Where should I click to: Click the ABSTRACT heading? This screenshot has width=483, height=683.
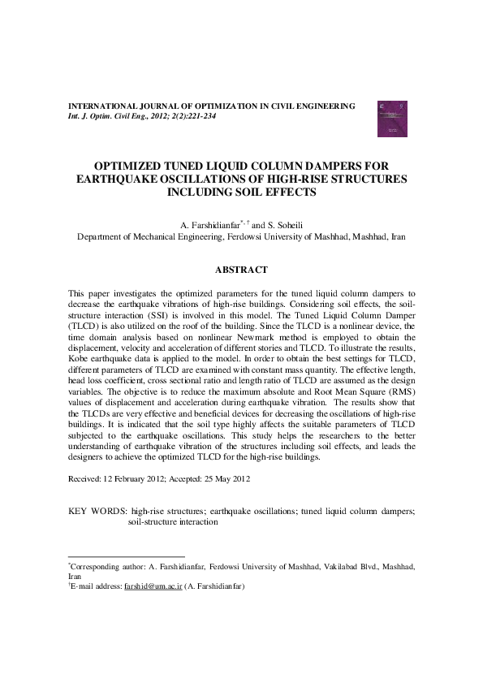(240, 269)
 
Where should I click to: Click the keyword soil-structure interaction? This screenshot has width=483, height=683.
(173, 523)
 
